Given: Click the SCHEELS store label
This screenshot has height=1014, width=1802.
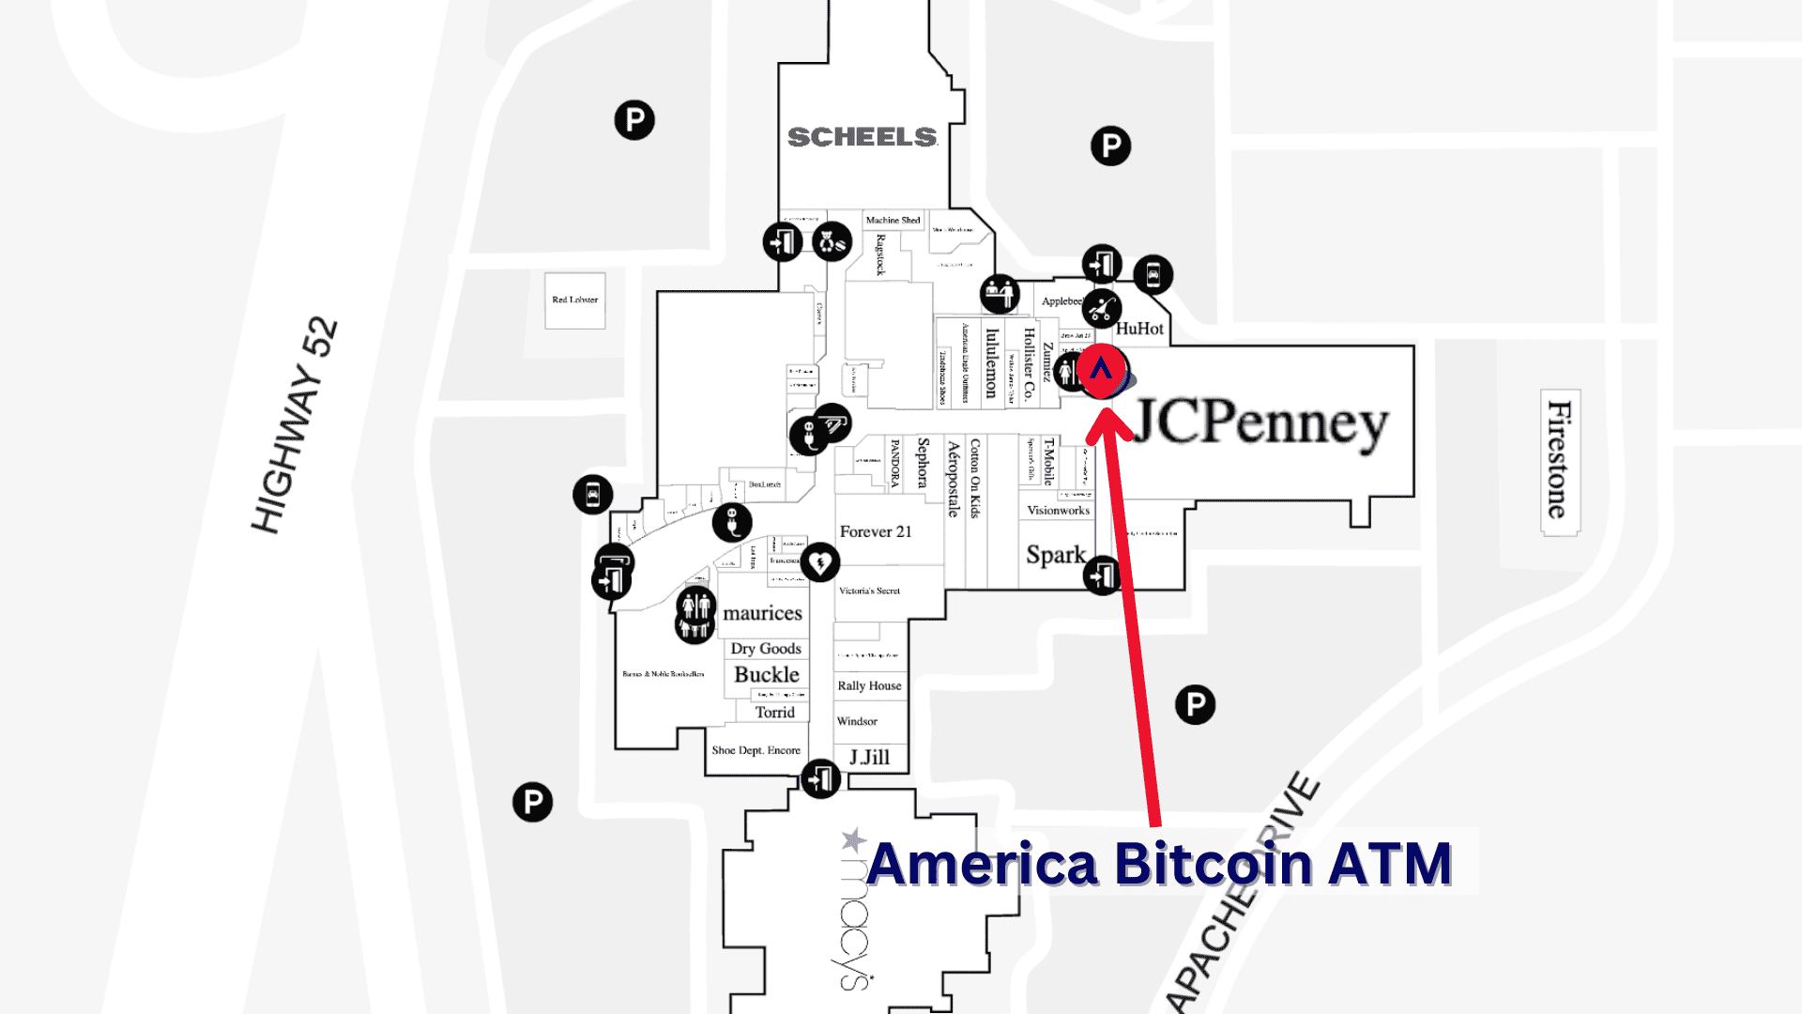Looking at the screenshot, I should click(x=862, y=137).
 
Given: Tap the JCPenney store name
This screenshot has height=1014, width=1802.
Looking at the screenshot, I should click(x=1260, y=423).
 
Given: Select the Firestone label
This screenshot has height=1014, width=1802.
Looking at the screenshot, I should click(x=1559, y=460).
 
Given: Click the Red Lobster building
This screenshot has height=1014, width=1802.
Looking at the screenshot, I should click(x=574, y=300).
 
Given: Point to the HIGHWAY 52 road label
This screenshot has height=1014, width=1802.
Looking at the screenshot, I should click(x=295, y=425).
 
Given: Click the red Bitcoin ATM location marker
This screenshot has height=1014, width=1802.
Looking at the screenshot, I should click(x=1102, y=370).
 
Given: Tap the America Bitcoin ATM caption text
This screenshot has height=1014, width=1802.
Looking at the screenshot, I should click(x=1159, y=864).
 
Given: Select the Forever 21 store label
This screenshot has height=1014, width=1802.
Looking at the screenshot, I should click(x=875, y=531).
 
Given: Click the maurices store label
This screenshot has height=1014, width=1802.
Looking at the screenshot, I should click(x=762, y=613).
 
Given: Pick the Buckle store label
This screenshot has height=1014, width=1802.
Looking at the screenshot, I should click(x=766, y=674).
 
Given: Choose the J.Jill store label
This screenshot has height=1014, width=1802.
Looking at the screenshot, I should click(x=869, y=757).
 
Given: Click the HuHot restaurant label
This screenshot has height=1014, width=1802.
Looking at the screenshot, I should click(x=1139, y=329).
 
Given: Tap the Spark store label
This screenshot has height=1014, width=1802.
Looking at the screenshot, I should click(x=1055, y=555).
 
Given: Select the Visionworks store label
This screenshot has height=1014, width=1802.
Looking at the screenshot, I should click(x=1058, y=511).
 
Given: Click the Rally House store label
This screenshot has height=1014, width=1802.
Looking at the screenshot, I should click(x=869, y=685).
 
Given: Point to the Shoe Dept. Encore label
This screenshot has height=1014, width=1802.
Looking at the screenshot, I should click(x=756, y=750).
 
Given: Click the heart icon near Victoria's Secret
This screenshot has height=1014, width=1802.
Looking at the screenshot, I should click(x=819, y=562).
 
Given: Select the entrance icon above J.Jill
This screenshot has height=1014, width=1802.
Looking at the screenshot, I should click(x=820, y=778).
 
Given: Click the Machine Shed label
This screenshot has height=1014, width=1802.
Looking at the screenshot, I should click(x=893, y=221).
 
